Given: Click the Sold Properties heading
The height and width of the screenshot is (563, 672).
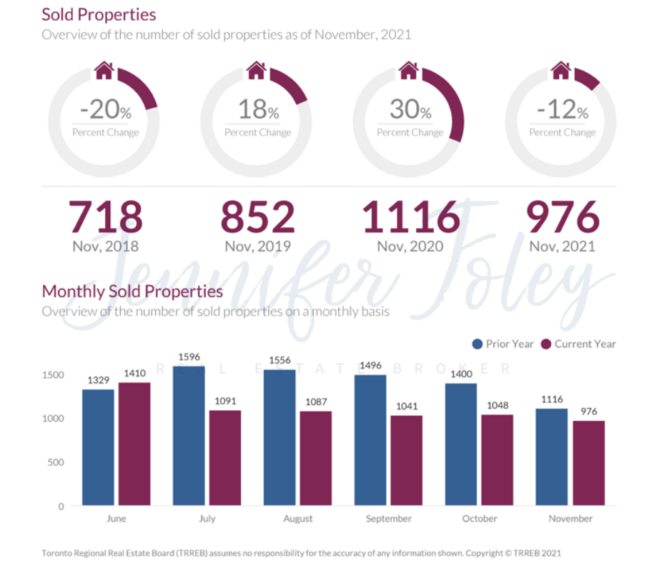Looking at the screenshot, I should click(99, 14).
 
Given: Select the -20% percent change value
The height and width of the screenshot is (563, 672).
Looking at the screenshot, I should click(105, 110).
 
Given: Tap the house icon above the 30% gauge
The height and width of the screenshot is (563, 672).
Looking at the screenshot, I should click(408, 70).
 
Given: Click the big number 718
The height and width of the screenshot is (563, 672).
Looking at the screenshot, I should click(105, 216).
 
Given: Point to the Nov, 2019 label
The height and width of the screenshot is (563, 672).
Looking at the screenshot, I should click(257, 246).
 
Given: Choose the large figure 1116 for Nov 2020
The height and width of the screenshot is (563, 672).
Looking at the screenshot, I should click(410, 216).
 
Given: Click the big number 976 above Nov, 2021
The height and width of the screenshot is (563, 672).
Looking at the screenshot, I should click(563, 216).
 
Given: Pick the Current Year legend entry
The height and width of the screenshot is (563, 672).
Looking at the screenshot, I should click(578, 344).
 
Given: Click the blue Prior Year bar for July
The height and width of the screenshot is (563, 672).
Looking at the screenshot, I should click(189, 436).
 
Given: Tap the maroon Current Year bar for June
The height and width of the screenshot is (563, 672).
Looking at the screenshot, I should click(134, 444).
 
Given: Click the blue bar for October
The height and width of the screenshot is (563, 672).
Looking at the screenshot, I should click(461, 444).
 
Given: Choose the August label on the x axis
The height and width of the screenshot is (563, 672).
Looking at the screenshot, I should click(298, 519).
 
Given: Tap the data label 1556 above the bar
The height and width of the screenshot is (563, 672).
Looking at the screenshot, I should click(280, 360).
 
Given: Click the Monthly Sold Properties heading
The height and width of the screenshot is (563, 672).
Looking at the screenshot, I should click(132, 292).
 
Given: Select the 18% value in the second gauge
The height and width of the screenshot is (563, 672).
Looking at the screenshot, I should click(257, 110).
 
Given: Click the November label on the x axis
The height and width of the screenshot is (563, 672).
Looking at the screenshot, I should click(570, 519).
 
